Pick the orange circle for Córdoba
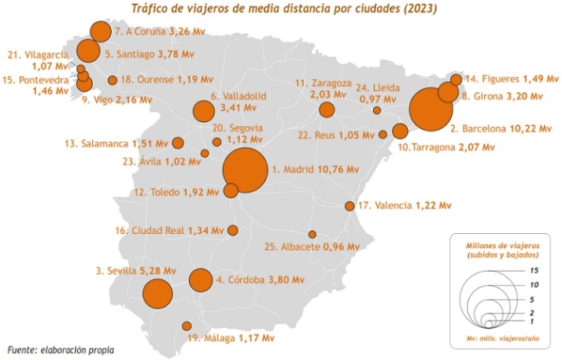coord(201,280)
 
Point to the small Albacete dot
coord(312,235)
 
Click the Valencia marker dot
coord(349,206)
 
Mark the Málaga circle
coord(187,325)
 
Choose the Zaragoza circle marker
coord(327,109)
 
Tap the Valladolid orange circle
coord(204,111)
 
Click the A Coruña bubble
coord(100,32)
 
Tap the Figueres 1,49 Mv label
coord(511,79)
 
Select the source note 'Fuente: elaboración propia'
coord(61,349)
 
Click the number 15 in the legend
coord(533,269)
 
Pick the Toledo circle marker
coord(231,191)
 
